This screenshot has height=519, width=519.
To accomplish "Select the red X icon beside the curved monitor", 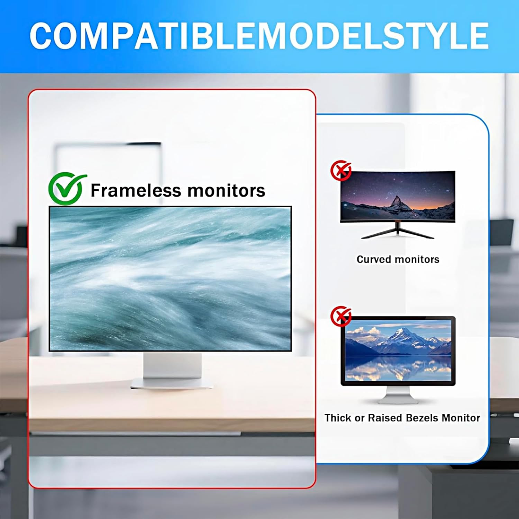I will coord(341,170).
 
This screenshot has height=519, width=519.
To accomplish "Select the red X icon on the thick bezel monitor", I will coord(341,316).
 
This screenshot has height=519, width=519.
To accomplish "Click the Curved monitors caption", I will coord(398,259).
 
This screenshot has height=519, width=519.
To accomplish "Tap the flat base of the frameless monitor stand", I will coord(172,384).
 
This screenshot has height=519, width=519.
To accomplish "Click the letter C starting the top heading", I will coord(42,36).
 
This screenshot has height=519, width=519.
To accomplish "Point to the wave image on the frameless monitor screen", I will coord(170,279).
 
